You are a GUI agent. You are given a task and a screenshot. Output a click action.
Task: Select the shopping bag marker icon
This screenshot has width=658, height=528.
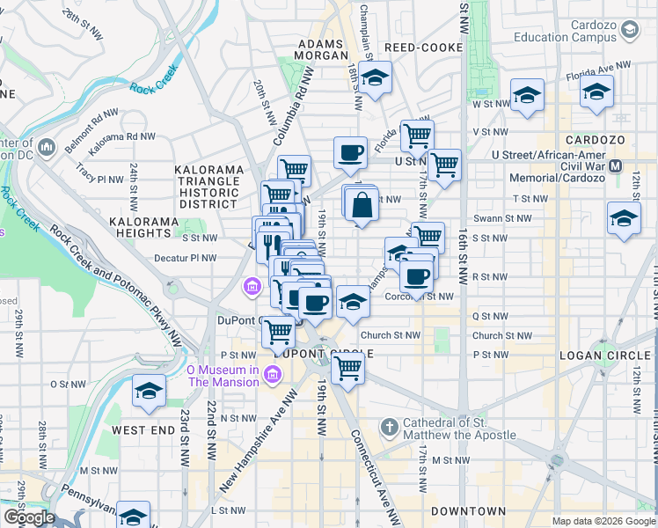click(362, 206)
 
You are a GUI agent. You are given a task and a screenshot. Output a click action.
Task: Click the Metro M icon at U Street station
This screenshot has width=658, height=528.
click(616, 165)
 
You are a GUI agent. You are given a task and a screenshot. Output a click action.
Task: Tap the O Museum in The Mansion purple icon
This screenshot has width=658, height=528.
click(272, 376)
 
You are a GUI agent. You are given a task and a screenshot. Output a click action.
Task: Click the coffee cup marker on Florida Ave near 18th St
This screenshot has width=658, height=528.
click(350, 153)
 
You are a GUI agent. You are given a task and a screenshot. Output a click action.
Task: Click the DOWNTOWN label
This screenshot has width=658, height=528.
click(468, 511)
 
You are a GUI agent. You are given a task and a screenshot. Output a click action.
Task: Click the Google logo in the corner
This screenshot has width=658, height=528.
click(28, 517)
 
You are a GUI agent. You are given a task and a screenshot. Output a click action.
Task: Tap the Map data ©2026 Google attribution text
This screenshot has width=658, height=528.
click(603, 521)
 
